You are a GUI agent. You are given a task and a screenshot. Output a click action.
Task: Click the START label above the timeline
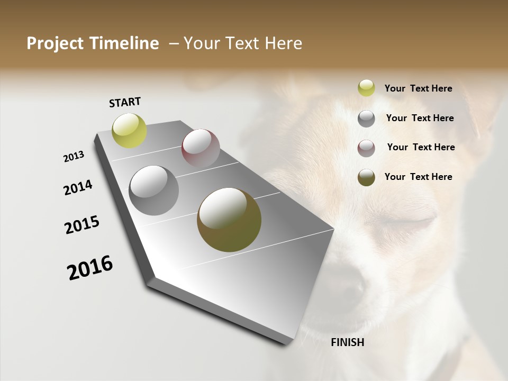(x=125, y=102)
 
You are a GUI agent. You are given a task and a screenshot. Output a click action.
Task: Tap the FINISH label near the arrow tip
(x=347, y=342)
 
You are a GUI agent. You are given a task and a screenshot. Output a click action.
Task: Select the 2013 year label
(x=74, y=157)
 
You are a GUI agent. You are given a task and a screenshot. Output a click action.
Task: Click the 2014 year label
(x=78, y=188)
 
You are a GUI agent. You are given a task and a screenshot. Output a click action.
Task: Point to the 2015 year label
(x=82, y=225)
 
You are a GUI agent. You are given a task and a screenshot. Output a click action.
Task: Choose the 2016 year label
(x=90, y=268)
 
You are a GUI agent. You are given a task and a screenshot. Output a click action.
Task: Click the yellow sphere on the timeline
(x=130, y=130)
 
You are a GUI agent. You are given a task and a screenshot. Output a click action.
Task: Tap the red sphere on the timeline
(x=201, y=148)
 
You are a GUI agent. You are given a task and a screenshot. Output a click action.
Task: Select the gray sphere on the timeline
(x=154, y=190)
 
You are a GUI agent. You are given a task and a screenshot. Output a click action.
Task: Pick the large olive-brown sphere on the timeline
(x=229, y=220)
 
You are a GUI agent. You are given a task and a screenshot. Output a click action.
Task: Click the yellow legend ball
(x=366, y=88)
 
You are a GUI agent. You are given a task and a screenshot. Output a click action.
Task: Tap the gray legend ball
(x=366, y=119)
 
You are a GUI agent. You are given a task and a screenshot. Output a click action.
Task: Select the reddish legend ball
(x=366, y=148)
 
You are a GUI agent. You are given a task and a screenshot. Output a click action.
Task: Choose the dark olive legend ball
(x=366, y=177)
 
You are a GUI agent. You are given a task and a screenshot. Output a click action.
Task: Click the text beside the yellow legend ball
(x=418, y=88)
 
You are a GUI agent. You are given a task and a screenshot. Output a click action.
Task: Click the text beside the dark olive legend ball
(x=418, y=177)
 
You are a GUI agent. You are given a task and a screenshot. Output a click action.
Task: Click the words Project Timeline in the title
(x=93, y=43)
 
